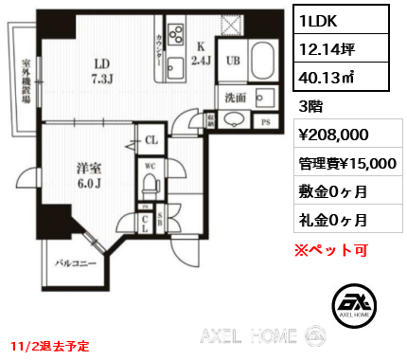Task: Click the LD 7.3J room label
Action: (x=100, y=72)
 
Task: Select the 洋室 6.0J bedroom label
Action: (x=88, y=176)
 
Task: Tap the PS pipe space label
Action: (x=268, y=122)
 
